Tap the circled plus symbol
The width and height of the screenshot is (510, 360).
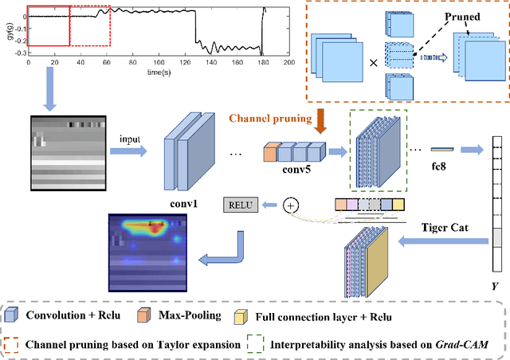(x=291, y=205)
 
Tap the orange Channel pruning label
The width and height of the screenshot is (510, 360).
(x=271, y=118)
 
